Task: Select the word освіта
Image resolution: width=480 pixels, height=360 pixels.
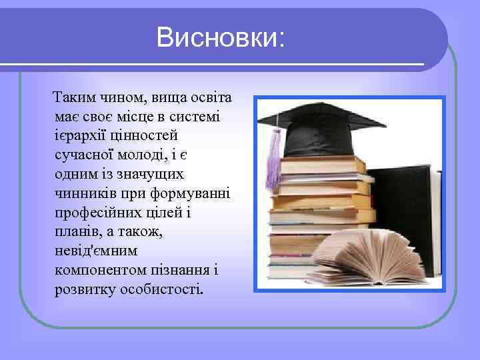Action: (208, 99)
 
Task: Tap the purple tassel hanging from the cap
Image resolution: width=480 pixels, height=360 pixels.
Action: (273, 160)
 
